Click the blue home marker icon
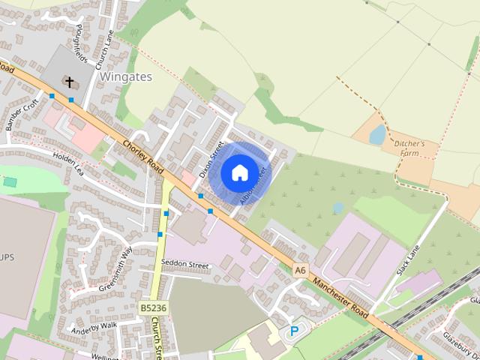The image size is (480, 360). [239, 173]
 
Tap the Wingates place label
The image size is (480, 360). [125, 76]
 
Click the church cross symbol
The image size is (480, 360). [70, 81]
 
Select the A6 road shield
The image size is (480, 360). [301, 269]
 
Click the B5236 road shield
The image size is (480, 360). [153, 307]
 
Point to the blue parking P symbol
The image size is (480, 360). [294, 331]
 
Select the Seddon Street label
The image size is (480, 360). [184, 264]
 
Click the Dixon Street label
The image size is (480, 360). [211, 160]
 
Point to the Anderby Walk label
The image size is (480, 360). [94, 327]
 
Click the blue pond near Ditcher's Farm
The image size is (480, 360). [377, 135]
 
